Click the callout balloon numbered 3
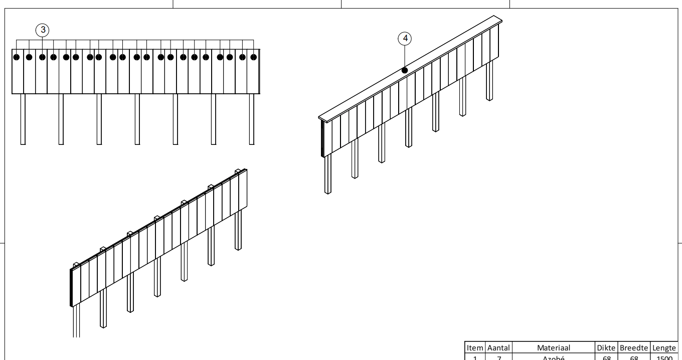[x=43, y=30]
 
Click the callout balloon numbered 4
[x=405, y=38]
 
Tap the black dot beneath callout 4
[x=405, y=71]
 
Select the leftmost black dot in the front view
[x=17, y=57]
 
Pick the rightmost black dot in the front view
[x=254, y=57]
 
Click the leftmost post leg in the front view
[x=23, y=119]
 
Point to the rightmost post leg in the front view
[x=252, y=119]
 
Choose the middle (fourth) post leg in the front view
[x=137, y=119]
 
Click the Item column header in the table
[x=475, y=347]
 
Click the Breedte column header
[x=634, y=347]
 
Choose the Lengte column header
[x=664, y=347]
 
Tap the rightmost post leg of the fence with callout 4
[x=490, y=80]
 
